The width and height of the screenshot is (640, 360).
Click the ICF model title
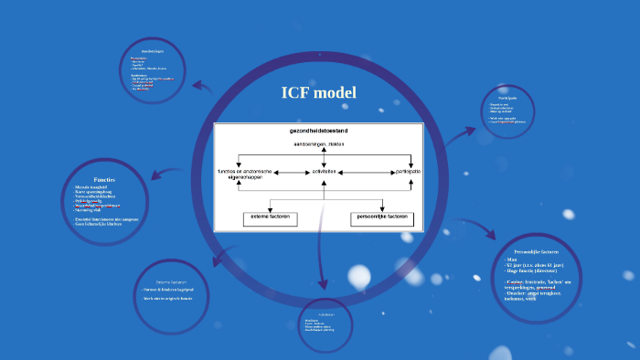(319, 93)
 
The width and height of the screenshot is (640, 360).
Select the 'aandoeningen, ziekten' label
(319, 144)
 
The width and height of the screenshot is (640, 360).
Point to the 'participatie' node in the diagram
(408, 171)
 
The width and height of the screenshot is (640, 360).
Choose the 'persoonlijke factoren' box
(382, 218)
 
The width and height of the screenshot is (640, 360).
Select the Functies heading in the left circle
(104, 179)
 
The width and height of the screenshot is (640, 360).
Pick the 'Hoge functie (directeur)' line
(535, 270)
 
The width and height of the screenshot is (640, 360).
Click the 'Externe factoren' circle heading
(171, 281)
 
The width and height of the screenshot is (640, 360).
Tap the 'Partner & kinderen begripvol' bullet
(171, 290)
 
